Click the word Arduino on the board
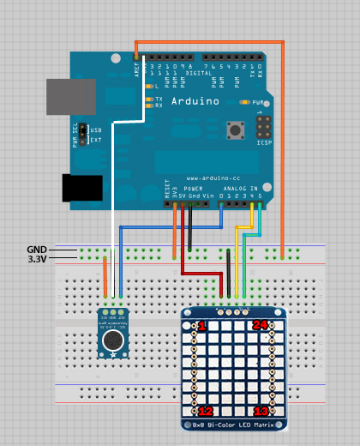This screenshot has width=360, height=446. tap(195, 101)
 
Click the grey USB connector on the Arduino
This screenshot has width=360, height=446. tap(70, 96)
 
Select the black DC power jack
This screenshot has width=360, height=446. tap(82, 188)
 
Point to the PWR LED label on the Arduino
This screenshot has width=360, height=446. tap(258, 100)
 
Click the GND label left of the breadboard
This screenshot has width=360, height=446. tap(38, 249)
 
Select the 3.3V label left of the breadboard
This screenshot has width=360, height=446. tap(36, 257)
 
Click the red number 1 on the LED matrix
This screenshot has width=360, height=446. tap(202, 327)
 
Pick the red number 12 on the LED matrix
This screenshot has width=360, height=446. tap(206, 412)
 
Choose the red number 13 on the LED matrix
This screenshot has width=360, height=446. tap(261, 412)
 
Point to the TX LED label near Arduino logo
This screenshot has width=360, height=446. tap(159, 99)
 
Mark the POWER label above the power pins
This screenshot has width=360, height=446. tap(194, 188)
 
